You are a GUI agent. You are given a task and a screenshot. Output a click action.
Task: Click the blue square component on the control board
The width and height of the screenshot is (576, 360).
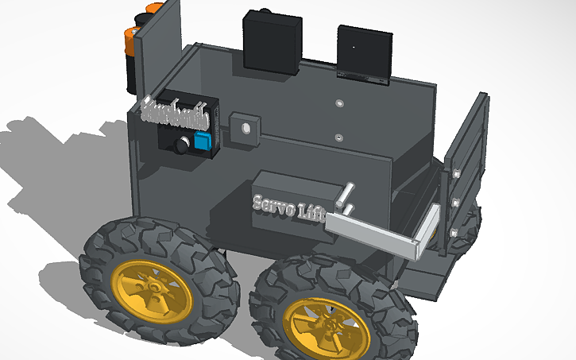(203, 141)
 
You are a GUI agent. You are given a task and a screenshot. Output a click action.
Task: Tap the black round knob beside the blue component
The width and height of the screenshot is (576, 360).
(184, 145)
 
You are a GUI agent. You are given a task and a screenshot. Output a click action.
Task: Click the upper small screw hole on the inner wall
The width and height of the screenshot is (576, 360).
(339, 103)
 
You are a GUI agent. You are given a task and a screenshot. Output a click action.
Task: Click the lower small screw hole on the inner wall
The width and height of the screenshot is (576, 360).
(339, 138)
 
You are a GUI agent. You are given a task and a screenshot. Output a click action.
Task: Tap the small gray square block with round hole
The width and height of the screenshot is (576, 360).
(245, 128)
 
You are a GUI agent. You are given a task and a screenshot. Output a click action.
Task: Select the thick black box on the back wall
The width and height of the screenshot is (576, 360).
(273, 43)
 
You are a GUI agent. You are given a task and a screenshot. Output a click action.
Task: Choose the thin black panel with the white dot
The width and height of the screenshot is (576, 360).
(365, 54)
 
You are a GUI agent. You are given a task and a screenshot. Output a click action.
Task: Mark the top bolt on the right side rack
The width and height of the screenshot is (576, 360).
(458, 172)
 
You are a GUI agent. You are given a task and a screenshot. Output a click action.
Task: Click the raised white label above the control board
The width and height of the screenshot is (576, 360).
(175, 114)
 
